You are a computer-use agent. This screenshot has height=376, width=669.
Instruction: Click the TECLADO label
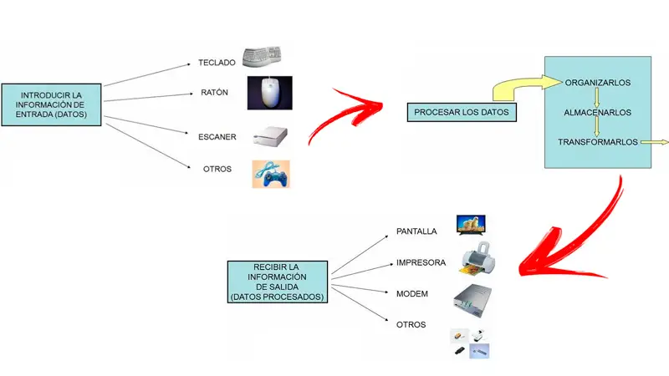(x=217, y=62)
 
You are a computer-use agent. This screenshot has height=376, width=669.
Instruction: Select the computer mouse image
(x=270, y=93)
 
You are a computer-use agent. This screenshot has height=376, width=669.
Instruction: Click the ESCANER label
(x=217, y=136)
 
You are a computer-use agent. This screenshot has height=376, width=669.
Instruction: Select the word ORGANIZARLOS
(x=597, y=84)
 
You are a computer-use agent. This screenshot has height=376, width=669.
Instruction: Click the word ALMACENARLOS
(x=597, y=112)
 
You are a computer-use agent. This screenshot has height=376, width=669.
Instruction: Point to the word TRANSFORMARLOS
(x=597, y=142)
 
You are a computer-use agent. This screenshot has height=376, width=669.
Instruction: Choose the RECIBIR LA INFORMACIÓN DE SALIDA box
(x=277, y=282)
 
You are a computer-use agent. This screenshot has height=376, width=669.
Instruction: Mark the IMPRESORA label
(x=421, y=262)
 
